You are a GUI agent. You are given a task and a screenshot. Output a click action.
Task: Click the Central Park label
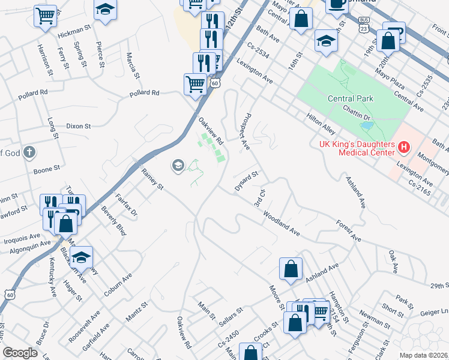point(351,98)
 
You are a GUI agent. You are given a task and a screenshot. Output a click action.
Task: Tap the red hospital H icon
point(405,146)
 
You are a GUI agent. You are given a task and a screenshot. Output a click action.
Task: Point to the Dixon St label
point(78,127)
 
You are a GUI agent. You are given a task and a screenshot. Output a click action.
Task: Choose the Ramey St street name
point(152,179)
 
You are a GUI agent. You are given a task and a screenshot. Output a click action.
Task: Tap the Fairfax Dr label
point(126,204)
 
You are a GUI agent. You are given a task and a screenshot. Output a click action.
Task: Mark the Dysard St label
point(246,180)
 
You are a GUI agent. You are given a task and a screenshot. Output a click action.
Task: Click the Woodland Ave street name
point(281,222)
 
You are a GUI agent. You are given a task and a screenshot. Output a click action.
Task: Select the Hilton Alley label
point(320,125)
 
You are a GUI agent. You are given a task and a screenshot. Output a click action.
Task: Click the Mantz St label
point(137,312)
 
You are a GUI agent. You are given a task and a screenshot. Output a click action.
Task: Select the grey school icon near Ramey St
point(178,164)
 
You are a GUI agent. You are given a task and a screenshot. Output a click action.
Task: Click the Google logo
point(20,353)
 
